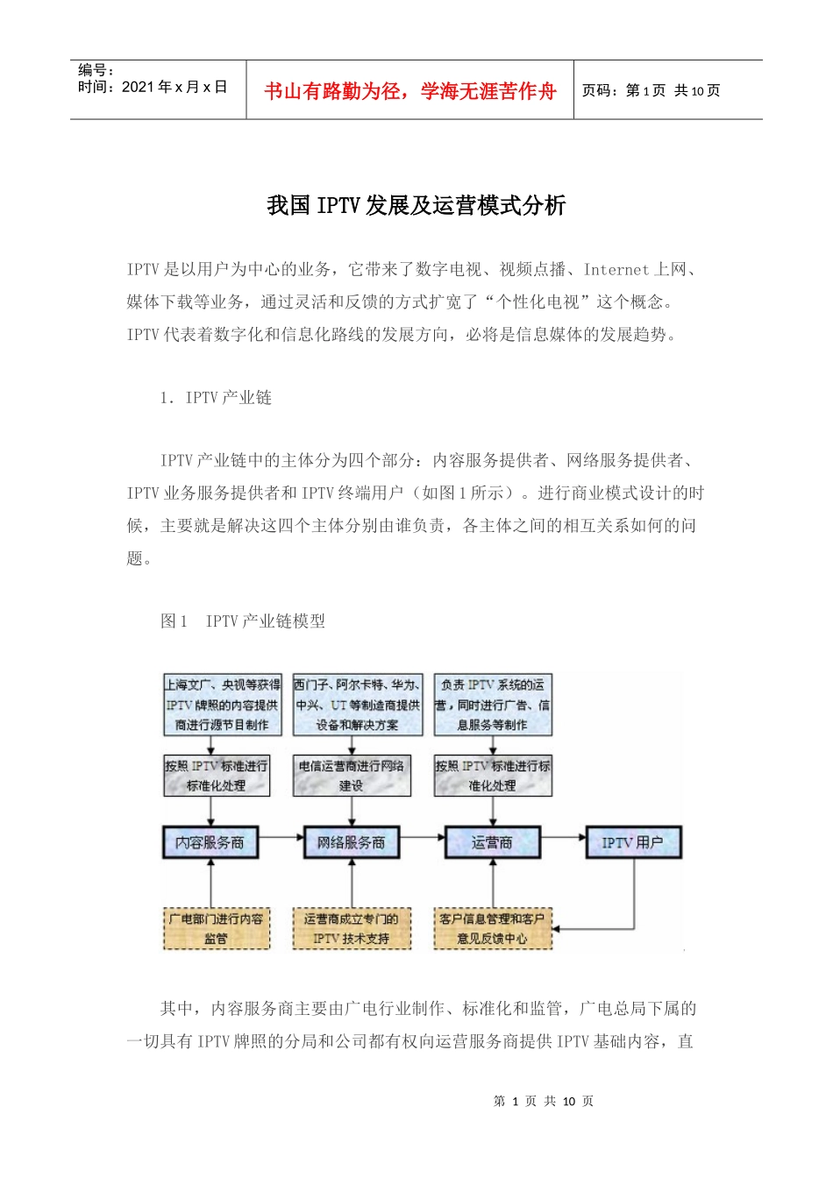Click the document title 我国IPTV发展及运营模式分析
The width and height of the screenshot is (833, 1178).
[416, 206]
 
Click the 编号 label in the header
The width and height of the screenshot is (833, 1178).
[96, 70]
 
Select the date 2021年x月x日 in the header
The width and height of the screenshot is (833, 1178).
[174, 87]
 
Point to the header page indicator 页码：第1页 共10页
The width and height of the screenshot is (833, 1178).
[651, 91]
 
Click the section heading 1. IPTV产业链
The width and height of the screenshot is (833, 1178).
[216, 398]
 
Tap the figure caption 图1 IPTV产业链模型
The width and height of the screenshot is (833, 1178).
[243, 621]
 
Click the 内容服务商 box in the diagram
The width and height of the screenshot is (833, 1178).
[210, 842]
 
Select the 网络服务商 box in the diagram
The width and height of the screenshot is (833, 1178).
[351, 842]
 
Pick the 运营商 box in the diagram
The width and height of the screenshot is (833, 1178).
[492, 842]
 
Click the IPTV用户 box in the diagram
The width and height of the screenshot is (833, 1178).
[632, 842]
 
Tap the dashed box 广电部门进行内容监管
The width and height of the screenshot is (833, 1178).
[216, 929]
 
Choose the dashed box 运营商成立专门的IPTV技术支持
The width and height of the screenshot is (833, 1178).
[351, 929]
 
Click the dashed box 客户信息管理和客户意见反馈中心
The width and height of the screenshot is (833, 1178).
[493, 929]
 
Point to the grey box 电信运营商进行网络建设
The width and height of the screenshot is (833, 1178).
[352, 776]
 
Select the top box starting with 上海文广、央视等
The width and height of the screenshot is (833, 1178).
[223, 705]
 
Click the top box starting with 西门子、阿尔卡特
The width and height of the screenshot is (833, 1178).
[358, 705]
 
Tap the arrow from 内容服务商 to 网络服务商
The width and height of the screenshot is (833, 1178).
[281, 838]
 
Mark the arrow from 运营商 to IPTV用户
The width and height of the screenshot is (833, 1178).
[563, 838]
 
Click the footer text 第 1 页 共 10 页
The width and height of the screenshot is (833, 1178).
[544, 1101]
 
